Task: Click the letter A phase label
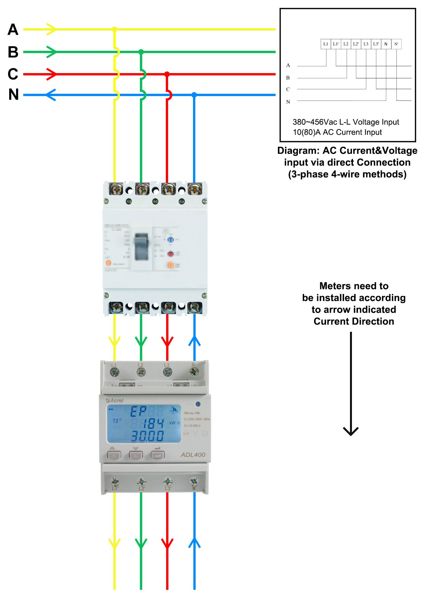[13, 30]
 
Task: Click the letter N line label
[13, 95]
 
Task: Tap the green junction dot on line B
[141, 52]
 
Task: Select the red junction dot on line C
[167, 74]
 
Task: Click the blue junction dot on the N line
[194, 95]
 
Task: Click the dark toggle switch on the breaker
[142, 247]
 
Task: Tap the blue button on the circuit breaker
[170, 240]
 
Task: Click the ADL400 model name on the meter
[193, 455]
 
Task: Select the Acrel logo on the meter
[115, 400]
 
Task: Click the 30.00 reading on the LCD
[147, 436]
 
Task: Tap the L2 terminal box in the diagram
[346, 44]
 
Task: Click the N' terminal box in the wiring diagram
[396, 44]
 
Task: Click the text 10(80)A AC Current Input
[337, 132]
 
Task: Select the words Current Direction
[354, 321]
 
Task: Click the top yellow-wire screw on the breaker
[116, 189]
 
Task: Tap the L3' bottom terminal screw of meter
[167, 482]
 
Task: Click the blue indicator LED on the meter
[198, 404]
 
